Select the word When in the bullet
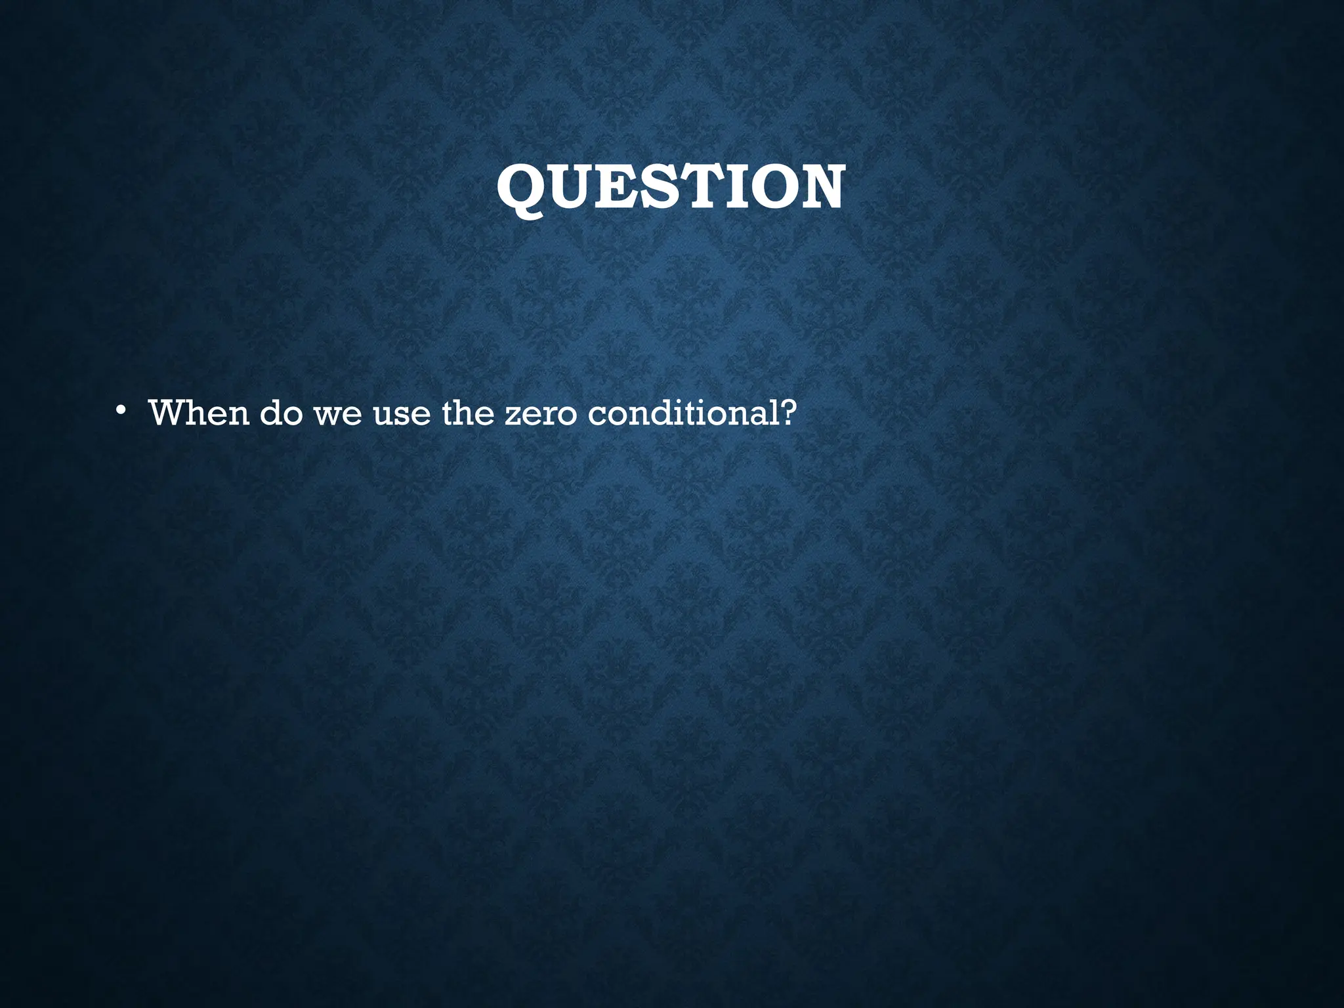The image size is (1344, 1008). pyautogui.click(x=199, y=413)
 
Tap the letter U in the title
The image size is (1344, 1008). pyautogui.click(x=572, y=188)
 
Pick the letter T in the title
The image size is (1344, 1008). pyautogui.click(x=696, y=188)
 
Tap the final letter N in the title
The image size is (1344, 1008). pyautogui.click(x=818, y=188)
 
